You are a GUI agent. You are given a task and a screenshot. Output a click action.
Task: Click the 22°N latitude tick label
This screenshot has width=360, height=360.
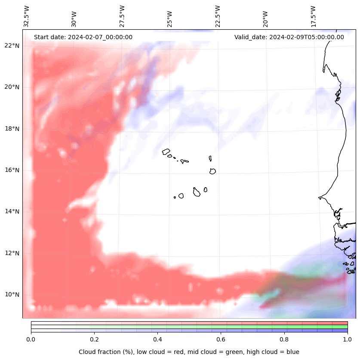pos(12,46)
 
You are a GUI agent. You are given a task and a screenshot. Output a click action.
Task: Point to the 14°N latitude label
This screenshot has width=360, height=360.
pos(12,211)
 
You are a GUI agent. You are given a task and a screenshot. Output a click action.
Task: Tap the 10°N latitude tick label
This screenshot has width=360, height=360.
pos(12,295)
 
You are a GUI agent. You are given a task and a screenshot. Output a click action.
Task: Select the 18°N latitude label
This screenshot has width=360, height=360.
pos(12,129)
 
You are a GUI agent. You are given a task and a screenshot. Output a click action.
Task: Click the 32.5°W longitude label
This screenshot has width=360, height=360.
pos(27,16)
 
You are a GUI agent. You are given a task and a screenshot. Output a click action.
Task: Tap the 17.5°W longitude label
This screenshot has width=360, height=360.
pos(313,16)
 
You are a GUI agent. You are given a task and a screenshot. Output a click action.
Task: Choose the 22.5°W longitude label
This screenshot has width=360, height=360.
pos(218,16)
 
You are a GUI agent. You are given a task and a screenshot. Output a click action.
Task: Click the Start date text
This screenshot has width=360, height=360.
pos(83,37)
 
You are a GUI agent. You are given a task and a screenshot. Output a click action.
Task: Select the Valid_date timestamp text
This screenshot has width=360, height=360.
pos(289,37)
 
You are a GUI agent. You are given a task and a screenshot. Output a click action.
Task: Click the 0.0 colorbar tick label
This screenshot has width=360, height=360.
pos(31,339)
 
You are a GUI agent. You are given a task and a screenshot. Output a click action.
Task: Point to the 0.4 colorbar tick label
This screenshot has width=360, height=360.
pos(157,339)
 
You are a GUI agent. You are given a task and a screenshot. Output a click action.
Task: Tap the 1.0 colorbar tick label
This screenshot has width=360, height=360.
pos(348,339)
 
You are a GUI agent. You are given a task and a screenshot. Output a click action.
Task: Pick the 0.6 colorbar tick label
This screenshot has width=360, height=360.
pos(221,339)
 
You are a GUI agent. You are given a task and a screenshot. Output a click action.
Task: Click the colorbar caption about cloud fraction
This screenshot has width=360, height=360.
pos(189,352)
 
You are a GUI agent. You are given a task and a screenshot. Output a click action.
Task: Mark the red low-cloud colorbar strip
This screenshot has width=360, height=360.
pos(189,323)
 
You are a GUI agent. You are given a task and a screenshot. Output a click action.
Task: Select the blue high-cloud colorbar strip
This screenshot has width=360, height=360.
pos(189,331)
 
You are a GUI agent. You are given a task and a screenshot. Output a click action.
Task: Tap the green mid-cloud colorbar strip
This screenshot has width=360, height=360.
pos(189,327)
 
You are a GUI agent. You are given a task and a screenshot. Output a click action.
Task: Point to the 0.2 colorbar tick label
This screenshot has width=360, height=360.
pos(94,339)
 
